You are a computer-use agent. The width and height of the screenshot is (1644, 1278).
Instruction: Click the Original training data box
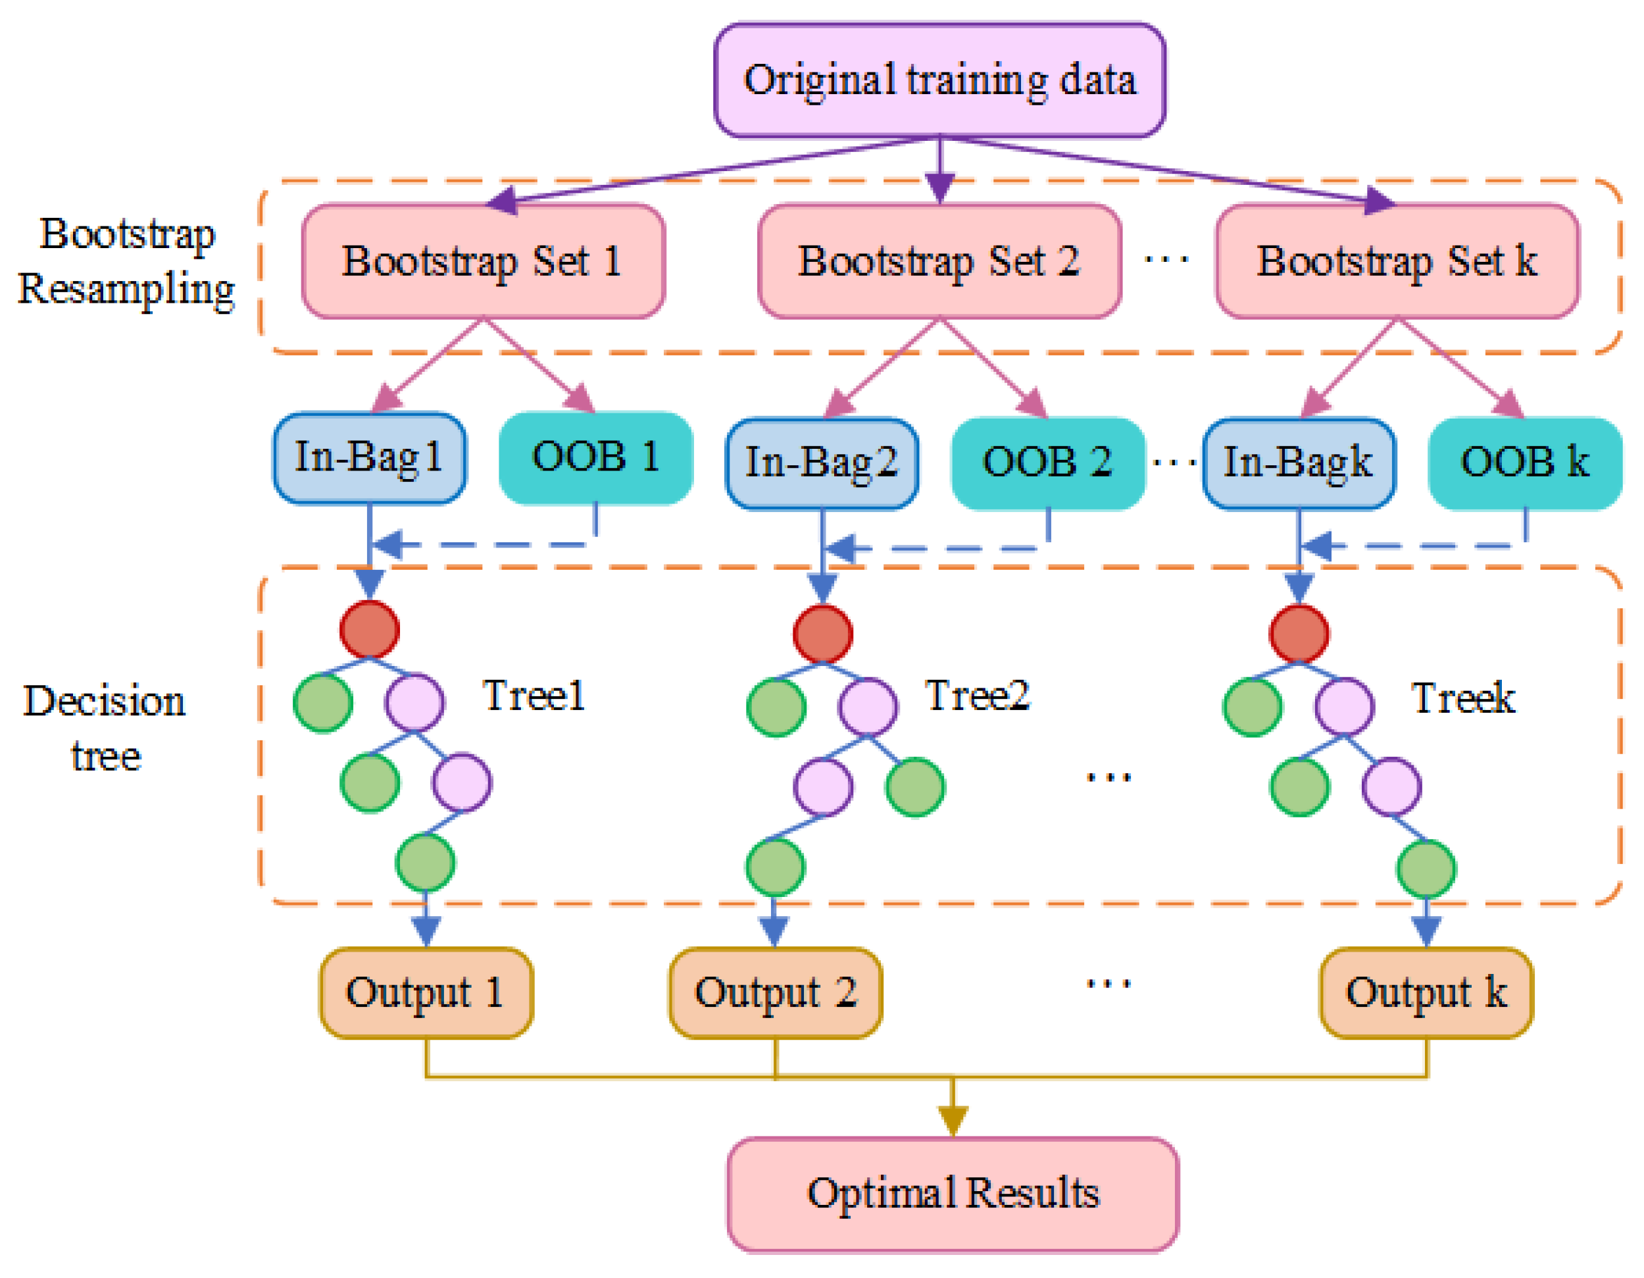coord(939,80)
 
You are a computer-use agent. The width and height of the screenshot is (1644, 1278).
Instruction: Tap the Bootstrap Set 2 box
coord(939,261)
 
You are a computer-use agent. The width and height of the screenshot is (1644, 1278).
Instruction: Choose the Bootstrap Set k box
coord(1397,261)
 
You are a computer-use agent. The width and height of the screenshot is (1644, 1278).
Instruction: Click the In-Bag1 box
coord(369,458)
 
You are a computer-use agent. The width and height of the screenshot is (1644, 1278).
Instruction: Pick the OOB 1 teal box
coord(595,458)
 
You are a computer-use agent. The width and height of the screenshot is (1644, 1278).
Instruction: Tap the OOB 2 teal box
coord(1048,463)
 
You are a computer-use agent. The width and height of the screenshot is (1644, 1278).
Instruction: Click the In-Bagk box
coord(1299,463)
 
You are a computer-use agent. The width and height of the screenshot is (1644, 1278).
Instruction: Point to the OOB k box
coord(1525,463)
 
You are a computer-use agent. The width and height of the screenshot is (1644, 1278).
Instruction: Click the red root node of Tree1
coord(369,629)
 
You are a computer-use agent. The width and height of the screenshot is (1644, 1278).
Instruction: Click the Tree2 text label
coord(977,696)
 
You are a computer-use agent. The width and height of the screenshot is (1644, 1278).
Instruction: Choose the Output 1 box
coord(426,992)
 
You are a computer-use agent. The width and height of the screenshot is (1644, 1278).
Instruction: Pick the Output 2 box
coord(776,992)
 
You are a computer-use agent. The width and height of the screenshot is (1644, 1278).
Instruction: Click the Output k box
coord(1426,992)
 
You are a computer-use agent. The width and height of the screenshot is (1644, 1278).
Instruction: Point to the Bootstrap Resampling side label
coord(126,261)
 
